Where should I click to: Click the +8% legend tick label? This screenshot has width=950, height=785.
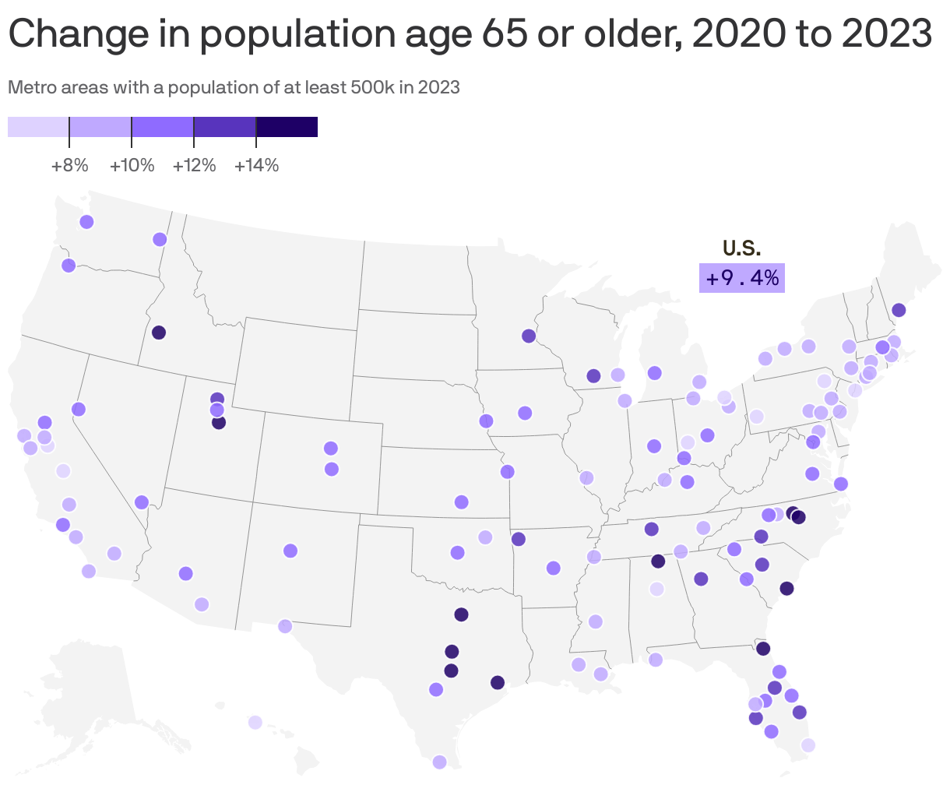click(69, 166)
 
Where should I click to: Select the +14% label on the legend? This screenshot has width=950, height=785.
click(256, 166)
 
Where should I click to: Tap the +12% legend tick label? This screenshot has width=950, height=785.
click(194, 166)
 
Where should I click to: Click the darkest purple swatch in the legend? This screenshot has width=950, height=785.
click(287, 127)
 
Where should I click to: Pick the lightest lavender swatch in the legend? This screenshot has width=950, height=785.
click(38, 127)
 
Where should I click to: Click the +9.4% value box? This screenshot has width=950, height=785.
click(741, 278)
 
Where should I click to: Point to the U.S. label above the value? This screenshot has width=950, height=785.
click(741, 248)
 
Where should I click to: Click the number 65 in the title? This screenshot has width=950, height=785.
click(501, 34)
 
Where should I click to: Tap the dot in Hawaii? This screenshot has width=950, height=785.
click(255, 723)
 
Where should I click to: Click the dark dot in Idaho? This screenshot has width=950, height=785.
click(159, 333)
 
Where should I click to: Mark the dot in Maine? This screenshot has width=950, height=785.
click(899, 310)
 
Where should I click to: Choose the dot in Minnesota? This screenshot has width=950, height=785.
click(529, 336)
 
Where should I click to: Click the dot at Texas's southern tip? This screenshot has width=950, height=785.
click(439, 762)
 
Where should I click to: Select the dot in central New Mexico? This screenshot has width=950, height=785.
click(290, 551)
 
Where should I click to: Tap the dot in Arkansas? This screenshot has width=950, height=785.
click(554, 568)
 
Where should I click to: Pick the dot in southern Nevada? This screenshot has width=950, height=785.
click(141, 502)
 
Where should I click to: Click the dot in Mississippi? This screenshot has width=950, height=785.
click(596, 621)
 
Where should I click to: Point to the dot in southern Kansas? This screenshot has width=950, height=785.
click(461, 502)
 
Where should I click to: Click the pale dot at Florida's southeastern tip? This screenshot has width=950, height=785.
click(807, 745)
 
